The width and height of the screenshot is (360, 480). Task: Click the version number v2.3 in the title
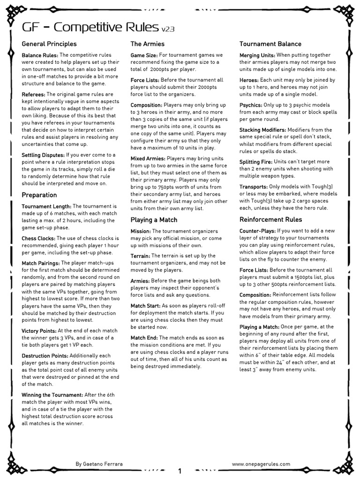pyautogui.click(x=168, y=29)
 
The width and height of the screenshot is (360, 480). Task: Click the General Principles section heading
pyautogui.click(x=49, y=44)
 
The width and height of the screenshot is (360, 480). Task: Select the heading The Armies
pyautogui.click(x=147, y=44)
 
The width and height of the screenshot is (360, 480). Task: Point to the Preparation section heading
pyautogui.click(x=39, y=195)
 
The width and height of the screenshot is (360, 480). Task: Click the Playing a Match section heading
pyautogui.click(x=154, y=219)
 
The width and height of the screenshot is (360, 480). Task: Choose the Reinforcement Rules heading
pyautogui.click(x=270, y=219)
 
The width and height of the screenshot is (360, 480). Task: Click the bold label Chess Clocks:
pyautogui.click(x=38, y=239)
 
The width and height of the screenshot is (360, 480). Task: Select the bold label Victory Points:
pyautogui.click(x=39, y=331)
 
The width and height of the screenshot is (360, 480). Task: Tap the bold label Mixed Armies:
pyautogui.click(x=148, y=159)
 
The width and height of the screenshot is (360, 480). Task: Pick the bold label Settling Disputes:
pyautogui.click(x=43, y=155)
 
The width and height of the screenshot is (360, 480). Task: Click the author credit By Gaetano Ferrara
pyautogui.click(x=99, y=464)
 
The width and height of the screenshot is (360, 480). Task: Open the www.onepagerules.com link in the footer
pyautogui.click(x=261, y=464)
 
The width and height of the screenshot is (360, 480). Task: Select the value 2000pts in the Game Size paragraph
pyautogui.click(x=158, y=69)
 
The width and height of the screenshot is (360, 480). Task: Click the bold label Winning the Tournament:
pyautogui.click(x=52, y=395)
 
